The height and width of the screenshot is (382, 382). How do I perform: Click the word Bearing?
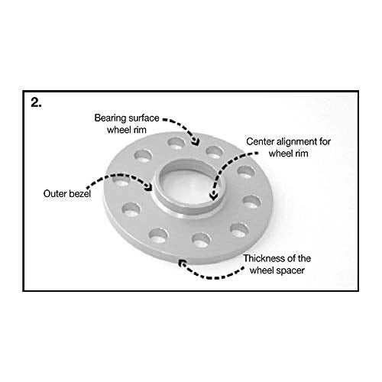pos(110,118)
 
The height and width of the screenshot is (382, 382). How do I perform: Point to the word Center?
pos(261,141)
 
